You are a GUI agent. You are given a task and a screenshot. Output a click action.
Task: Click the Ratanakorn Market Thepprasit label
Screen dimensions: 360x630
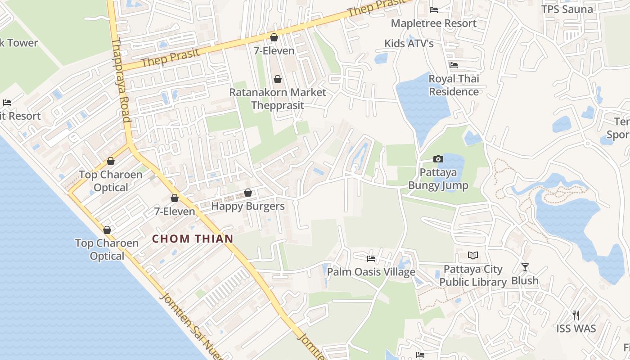click(x=277, y=99)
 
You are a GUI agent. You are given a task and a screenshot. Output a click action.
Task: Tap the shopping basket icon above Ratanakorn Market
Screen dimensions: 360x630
click(x=278, y=80)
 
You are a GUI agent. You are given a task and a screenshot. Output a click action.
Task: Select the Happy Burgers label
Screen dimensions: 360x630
click(x=248, y=206)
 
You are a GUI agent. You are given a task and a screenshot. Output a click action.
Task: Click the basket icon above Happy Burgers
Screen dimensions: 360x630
click(x=248, y=193)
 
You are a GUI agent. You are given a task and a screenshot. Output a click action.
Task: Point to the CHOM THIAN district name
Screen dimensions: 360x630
click(x=193, y=238)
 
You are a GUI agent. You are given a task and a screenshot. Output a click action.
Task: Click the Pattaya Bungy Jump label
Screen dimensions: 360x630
click(x=438, y=179)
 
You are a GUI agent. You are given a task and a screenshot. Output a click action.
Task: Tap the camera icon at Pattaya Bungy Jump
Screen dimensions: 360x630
click(x=438, y=159)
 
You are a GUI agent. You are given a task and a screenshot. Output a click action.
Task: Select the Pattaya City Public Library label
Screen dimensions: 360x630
click(x=473, y=275)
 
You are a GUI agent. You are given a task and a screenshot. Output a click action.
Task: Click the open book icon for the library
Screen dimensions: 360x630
click(x=473, y=256)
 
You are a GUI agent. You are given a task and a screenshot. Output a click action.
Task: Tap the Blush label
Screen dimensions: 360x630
click(x=525, y=280)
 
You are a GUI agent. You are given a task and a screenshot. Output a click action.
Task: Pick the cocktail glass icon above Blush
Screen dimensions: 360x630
click(x=525, y=267)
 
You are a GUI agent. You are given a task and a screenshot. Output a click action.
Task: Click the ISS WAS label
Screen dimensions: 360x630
click(x=576, y=328)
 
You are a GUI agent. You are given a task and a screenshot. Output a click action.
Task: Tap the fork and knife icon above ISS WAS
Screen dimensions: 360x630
click(x=576, y=315)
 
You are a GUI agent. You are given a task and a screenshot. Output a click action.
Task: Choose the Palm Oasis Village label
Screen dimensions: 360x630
click(x=371, y=272)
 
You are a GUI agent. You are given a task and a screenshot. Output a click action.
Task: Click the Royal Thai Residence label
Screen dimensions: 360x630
click(x=454, y=85)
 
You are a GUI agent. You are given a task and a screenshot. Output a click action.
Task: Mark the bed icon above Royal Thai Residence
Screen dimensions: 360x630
click(x=454, y=66)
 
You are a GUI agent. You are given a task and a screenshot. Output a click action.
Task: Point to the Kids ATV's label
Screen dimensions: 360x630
click(x=409, y=43)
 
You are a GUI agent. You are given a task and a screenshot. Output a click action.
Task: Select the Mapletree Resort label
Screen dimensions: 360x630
click(x=433, y=23)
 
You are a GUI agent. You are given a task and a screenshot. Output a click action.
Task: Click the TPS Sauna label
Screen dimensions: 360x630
click(x=567, y=9)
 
